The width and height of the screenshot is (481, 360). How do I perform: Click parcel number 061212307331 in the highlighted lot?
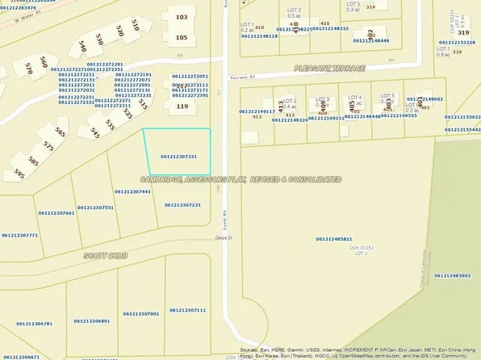179,157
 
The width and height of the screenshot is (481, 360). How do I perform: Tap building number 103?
181,17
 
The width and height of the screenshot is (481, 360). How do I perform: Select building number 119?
182,106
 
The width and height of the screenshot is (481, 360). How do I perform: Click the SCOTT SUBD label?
106,256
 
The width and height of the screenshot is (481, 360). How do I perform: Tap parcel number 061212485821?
334,239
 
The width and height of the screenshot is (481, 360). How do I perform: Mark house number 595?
19,174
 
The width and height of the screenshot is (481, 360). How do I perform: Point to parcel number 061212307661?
56,213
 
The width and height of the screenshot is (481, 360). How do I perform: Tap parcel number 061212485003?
452,275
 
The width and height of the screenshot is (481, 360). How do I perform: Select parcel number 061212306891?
91,321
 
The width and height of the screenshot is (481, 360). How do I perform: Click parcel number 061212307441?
133,191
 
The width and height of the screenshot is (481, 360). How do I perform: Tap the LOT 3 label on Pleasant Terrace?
323,98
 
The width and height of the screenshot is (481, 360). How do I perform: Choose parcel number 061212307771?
20,235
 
